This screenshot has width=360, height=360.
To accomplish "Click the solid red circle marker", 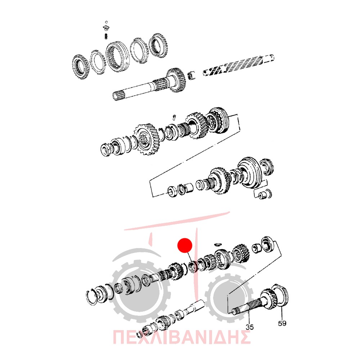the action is coord(185,245).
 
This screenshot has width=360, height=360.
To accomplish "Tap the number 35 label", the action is coord(249,327).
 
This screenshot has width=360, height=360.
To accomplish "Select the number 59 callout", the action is coord(282,323).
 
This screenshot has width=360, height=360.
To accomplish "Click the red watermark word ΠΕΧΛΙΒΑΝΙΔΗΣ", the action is coord(181,337).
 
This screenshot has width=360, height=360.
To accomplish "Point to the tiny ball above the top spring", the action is coord(106,22).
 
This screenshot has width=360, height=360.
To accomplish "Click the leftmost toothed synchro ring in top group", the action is coord(81,67).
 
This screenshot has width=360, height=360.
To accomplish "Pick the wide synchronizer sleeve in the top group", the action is coord(118,57).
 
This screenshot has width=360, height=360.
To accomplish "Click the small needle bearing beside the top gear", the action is coord(192,76).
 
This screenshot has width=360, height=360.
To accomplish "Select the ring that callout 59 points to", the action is coord(280,295).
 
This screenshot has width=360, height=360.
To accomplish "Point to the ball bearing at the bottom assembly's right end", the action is coord(267,245).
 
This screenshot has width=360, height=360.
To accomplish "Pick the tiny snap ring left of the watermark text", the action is coord(139,335).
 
